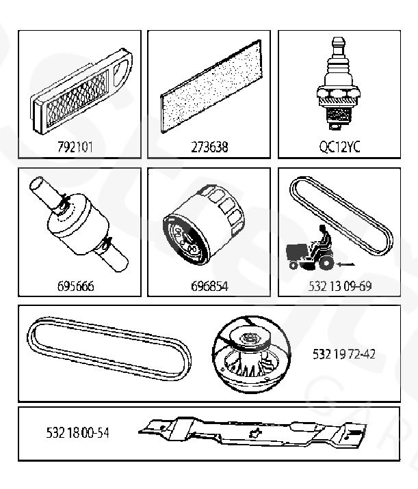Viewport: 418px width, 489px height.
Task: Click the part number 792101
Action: click(75, 147)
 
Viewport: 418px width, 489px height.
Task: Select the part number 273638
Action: click(209, 147)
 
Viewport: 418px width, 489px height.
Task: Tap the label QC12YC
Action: click(339, 147)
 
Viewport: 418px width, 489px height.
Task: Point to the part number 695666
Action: click(75, 286)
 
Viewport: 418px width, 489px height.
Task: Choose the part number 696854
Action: click(209, 286)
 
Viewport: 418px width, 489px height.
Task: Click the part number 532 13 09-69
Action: click(340, 286)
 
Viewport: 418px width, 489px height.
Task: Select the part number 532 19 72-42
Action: click(343, 354)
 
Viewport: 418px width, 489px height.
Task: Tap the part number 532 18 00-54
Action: click(77, 432)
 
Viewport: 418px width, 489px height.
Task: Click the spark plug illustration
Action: click(339, 83)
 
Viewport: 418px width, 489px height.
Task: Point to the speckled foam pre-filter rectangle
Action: click(211, 86)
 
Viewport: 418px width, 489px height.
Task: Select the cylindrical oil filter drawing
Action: click(203, 225)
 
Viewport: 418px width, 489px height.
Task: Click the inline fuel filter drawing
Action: click(78, 224)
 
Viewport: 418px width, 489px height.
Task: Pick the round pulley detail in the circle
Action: click(252, 354)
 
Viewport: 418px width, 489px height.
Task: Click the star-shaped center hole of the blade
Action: click(255, 433)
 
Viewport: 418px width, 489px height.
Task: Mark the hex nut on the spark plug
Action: click(339, 93)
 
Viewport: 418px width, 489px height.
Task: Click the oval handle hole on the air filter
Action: click(120, 72)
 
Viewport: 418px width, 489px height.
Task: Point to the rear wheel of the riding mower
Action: click(326, 262)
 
